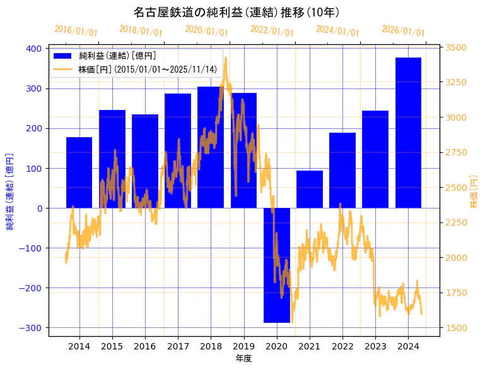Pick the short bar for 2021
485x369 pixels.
tap(310, 190)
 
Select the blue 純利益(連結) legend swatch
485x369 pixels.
tap(62, 56)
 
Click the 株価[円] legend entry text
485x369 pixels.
tap(148, 70)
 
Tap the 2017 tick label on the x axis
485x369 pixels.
tap(178, 346)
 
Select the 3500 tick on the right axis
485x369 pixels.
tap(456, 47)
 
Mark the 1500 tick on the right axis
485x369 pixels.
tap(456, 328)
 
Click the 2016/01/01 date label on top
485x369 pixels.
tap(76, 31)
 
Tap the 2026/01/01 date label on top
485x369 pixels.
tap(403, 31)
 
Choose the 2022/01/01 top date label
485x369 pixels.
tap(272, 31)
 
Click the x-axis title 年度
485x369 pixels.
tap(243, 358)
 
